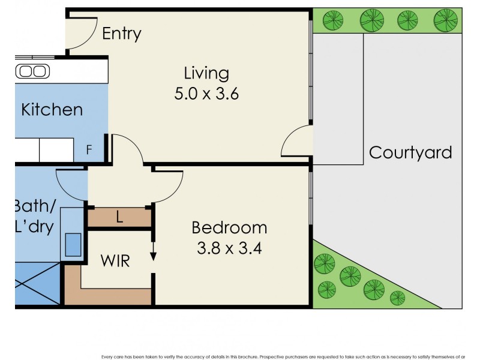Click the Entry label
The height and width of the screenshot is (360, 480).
121,33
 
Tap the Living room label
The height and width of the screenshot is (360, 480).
206,74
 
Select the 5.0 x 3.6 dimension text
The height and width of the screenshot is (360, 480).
206,94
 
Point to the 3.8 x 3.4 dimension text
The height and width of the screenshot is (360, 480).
229,248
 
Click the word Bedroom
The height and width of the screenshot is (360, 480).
229,228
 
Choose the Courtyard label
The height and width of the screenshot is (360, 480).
410,152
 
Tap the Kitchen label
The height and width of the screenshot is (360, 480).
52,110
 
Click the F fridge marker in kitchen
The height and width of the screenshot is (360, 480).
89,150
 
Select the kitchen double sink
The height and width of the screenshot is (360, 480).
32,71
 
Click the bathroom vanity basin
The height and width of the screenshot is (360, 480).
73,245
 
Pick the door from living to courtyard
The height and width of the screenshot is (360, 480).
296,143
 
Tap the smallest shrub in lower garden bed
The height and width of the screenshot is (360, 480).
397,298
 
